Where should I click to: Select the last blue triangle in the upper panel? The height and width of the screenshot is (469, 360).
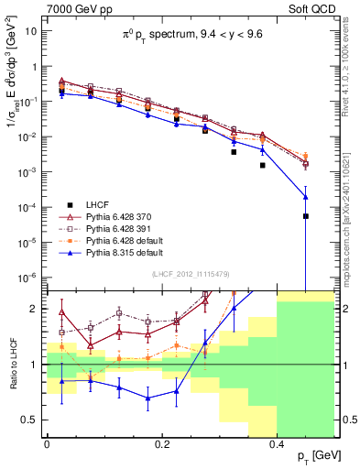(x=306, y=196)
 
